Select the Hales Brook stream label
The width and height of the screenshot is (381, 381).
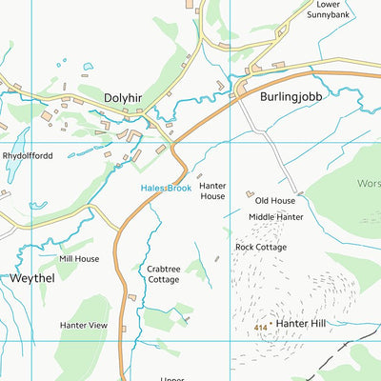tap(167, 189)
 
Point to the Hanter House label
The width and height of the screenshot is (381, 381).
tap(211, 190)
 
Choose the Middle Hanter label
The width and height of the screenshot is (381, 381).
tap(275, 217)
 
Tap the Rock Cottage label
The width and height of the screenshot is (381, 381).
tap(261, 247)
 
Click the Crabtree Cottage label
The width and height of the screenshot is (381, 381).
tap(164, 274)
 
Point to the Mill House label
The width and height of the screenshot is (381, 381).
tap(79, 258)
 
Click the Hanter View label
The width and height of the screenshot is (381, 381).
tap(84, 325)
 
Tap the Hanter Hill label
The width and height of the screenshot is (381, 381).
tap(301, 324)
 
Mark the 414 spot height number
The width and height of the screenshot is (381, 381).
tap(260, 328)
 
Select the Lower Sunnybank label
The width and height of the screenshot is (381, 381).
tap(334, 10)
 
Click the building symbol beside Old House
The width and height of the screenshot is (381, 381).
tap(250, 193)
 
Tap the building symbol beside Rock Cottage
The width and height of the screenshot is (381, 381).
tap(230, 247)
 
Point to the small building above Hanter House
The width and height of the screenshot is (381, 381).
tap(199, 175)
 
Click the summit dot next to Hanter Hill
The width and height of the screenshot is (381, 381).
tap(273, 325)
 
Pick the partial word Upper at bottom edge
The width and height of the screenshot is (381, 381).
tap(172, 376)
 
